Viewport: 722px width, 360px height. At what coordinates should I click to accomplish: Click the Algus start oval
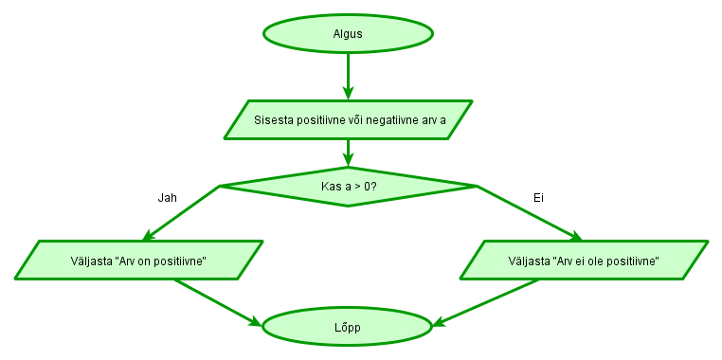[x=348, y=34]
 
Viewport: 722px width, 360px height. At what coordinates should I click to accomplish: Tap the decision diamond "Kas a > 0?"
[x=348, y=187]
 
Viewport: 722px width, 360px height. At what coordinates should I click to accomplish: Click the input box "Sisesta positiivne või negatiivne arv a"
[x=349, y=119]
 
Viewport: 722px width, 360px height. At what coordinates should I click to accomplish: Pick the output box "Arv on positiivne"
[x=139, y=260]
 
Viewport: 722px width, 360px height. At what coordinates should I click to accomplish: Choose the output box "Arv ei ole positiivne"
[x=584, y=260]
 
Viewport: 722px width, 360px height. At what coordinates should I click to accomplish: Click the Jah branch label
[x=167, y=198]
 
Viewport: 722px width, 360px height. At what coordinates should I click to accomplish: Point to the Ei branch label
[x=538, y=198]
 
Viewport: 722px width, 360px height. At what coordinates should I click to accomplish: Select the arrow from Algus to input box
[x=348, y=76]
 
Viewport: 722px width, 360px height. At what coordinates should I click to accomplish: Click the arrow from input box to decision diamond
[x=348, y=153]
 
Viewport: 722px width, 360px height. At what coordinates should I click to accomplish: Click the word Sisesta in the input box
[x=276, y=120]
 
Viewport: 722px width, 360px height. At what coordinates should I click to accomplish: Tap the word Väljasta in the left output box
[x=90, y=261]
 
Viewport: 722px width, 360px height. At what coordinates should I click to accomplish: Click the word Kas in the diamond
[x=331, y=187]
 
